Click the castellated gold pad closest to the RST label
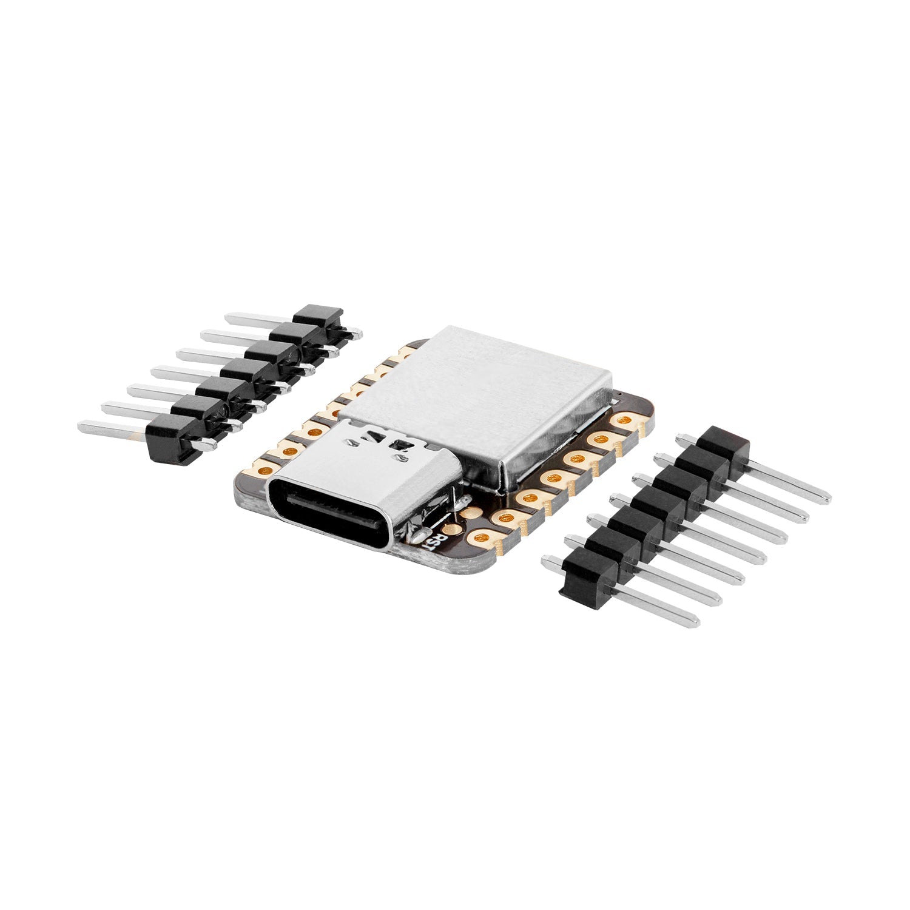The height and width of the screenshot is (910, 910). [483, 538]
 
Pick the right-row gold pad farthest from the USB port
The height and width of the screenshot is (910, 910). [623, 420]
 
